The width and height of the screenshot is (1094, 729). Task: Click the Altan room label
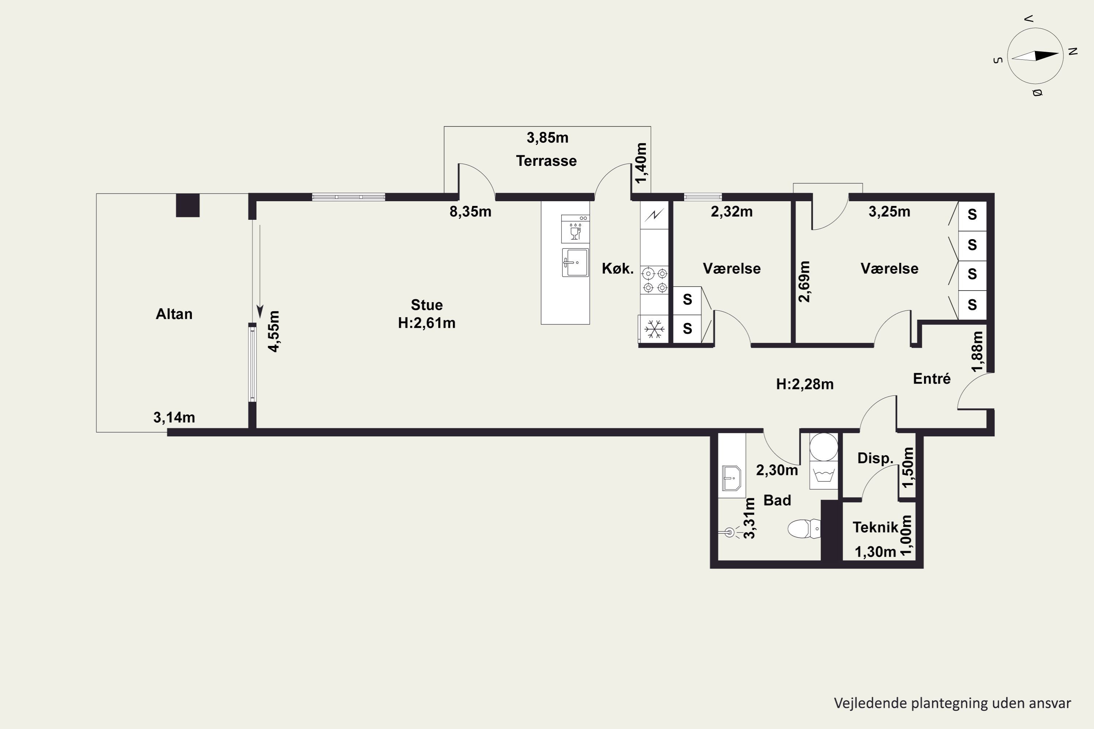click(x=174, y=314)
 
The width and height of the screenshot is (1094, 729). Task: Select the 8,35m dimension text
click(x=470, y=211)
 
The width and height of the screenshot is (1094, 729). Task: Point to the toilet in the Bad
click(x=804, y=529)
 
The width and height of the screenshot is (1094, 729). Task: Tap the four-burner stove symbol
click(x=655, y=280)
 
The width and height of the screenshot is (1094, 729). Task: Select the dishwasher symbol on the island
click(x=575, y=229)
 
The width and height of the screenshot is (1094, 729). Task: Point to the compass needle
click(x=1035, y=56)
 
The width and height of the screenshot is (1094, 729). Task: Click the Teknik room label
click(x=876, y=527)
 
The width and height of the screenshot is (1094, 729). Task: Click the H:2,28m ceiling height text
click(x=805, y=384)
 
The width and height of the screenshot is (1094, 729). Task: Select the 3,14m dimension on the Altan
click(x=174, y=417)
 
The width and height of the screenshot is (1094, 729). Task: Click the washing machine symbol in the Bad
click(x=824, y=475)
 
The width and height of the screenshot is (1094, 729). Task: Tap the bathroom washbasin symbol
click(x=732, y=478)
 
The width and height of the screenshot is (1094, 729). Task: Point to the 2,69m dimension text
click(x=804, y=281)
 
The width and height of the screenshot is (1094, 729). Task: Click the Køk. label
click(x=618, y=268)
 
